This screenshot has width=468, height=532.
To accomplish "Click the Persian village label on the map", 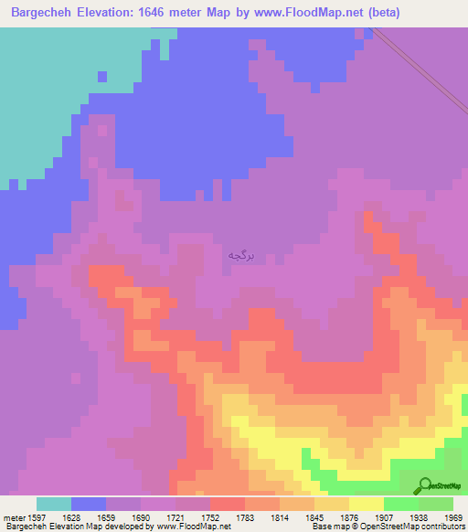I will tap(239, 256).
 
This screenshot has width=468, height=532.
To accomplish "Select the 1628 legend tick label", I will tap(71, 516).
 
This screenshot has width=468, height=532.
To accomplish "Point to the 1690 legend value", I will tap(141, 516).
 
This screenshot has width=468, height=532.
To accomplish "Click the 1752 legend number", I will tap(210, 516).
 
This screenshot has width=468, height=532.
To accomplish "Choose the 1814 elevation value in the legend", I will tap(280, 516).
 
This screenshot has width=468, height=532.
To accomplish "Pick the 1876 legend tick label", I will tap(349, 516).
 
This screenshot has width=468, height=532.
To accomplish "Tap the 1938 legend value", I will tap(419, 516).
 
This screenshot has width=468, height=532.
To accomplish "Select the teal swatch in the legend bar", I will tap(54, 504).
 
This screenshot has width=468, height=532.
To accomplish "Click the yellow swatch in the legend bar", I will tap(367, 504).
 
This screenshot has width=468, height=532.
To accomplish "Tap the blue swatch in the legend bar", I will tap(89, 504).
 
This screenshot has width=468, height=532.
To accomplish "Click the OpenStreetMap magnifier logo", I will tap(424, 486).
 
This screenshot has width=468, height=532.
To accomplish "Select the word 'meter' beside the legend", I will tap(14, 516).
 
